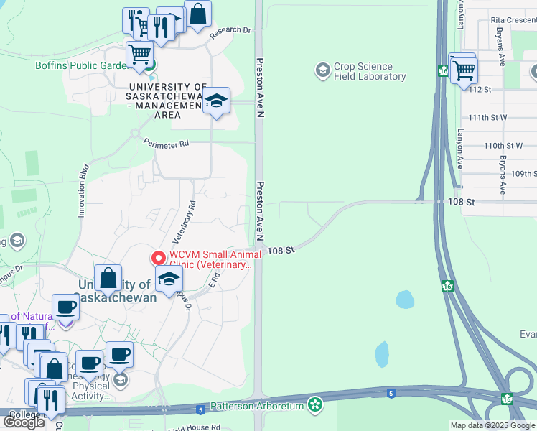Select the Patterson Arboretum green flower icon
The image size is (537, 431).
click(x=314, y=404)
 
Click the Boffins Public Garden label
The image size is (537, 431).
click(x=80, y=65)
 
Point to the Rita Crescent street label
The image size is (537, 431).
click(x=513, y=20)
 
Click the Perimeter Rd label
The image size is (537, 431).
click(x=165, y=144)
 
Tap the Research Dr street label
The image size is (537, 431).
click(x=230, y=32)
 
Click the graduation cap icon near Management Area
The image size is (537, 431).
click(x=215, y=101)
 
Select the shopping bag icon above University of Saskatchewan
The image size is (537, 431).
click(x=107, y=278)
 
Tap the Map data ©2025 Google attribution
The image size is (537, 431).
click(x=492, y=425)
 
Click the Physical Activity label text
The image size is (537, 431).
click(x=90, y=386)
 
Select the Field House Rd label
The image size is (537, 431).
click(x=195, y=427)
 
